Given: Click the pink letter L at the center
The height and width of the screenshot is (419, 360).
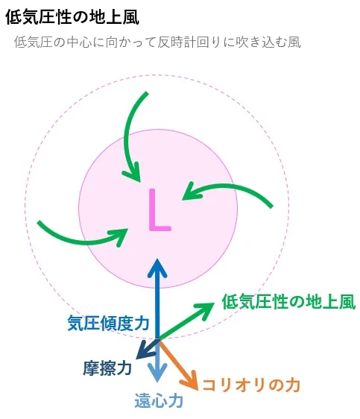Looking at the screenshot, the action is [x=160, y=210].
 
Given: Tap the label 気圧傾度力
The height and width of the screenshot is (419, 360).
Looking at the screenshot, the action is [x=108, y=323].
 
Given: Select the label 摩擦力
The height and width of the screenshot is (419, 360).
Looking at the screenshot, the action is [x=107, y=368].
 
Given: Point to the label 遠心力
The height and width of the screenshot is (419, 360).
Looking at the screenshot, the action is [x=159, y=400].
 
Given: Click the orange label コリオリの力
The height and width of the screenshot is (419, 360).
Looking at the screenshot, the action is [x=251, y=385].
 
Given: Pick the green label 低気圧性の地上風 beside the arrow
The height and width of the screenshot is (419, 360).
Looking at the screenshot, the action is [x=288, y=302].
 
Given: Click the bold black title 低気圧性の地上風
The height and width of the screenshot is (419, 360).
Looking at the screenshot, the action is [x=72, y=16].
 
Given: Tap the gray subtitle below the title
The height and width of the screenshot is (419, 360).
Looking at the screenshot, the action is [x=157, y=42].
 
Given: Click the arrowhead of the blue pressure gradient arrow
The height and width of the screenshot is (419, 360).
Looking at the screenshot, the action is [x=157, y=259].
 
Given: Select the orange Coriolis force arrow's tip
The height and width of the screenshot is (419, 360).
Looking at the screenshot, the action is [x=197, y=389].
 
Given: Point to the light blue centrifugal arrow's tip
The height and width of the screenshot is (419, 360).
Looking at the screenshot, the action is [x=157, y=381].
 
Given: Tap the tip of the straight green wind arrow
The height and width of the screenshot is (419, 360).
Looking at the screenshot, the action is [x=214, y=303].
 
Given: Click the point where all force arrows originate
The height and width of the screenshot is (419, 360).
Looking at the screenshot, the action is [x=158, y=339].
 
